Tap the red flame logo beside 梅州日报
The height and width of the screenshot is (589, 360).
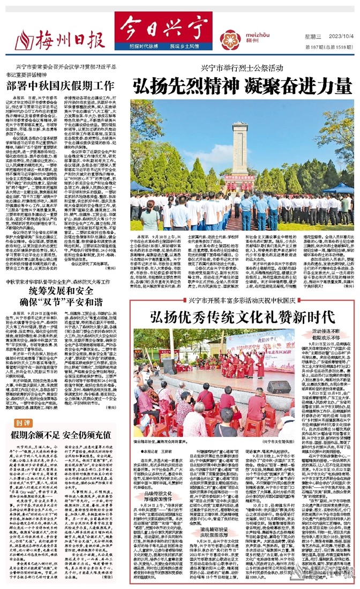pyautogui.click(x=24, y=40)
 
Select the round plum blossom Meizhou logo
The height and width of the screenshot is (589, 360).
pyautogui.click(x=230, y=40)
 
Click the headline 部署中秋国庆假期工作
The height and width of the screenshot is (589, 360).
pyautogui.click(x=61, y=85)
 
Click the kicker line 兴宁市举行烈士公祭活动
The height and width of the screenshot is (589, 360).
pyautogui.click(x=238, y=68)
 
